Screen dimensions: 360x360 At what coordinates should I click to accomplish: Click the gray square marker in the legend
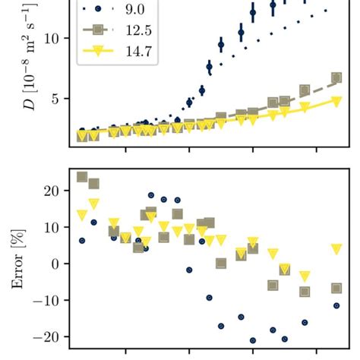[97, 33]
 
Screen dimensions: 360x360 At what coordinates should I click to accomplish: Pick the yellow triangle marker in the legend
[97, 54]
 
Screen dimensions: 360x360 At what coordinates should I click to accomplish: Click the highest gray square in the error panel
[82, 177]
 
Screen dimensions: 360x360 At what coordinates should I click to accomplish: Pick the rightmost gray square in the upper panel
[336, 77]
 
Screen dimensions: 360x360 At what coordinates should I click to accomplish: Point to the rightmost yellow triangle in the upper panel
[336, 100]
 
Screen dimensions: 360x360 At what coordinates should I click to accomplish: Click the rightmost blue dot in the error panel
[336, 305]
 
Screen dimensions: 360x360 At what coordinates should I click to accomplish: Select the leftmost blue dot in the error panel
[82, 241]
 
